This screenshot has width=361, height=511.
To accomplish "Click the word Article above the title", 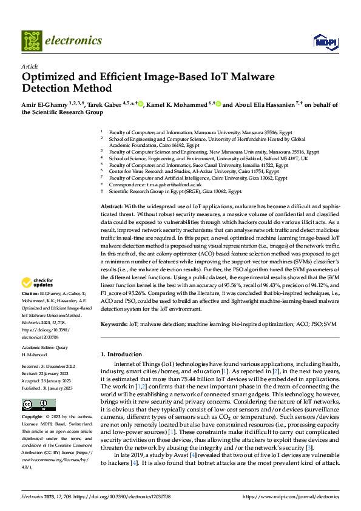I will pyautogui.click(x=29, y=66).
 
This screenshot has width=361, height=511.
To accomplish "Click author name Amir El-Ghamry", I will pyautogui.click(x=44, y=104).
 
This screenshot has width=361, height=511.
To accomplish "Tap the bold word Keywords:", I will pyautogui.click(x=115, y=324).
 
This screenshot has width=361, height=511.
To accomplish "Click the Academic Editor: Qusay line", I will pyautogui.click(x=46, y=348).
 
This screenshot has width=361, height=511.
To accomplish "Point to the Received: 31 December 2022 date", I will pyautogui.click(x=48, y=367).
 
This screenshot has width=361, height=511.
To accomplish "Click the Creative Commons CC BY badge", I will pyautogui.click(x=39, y=405).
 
